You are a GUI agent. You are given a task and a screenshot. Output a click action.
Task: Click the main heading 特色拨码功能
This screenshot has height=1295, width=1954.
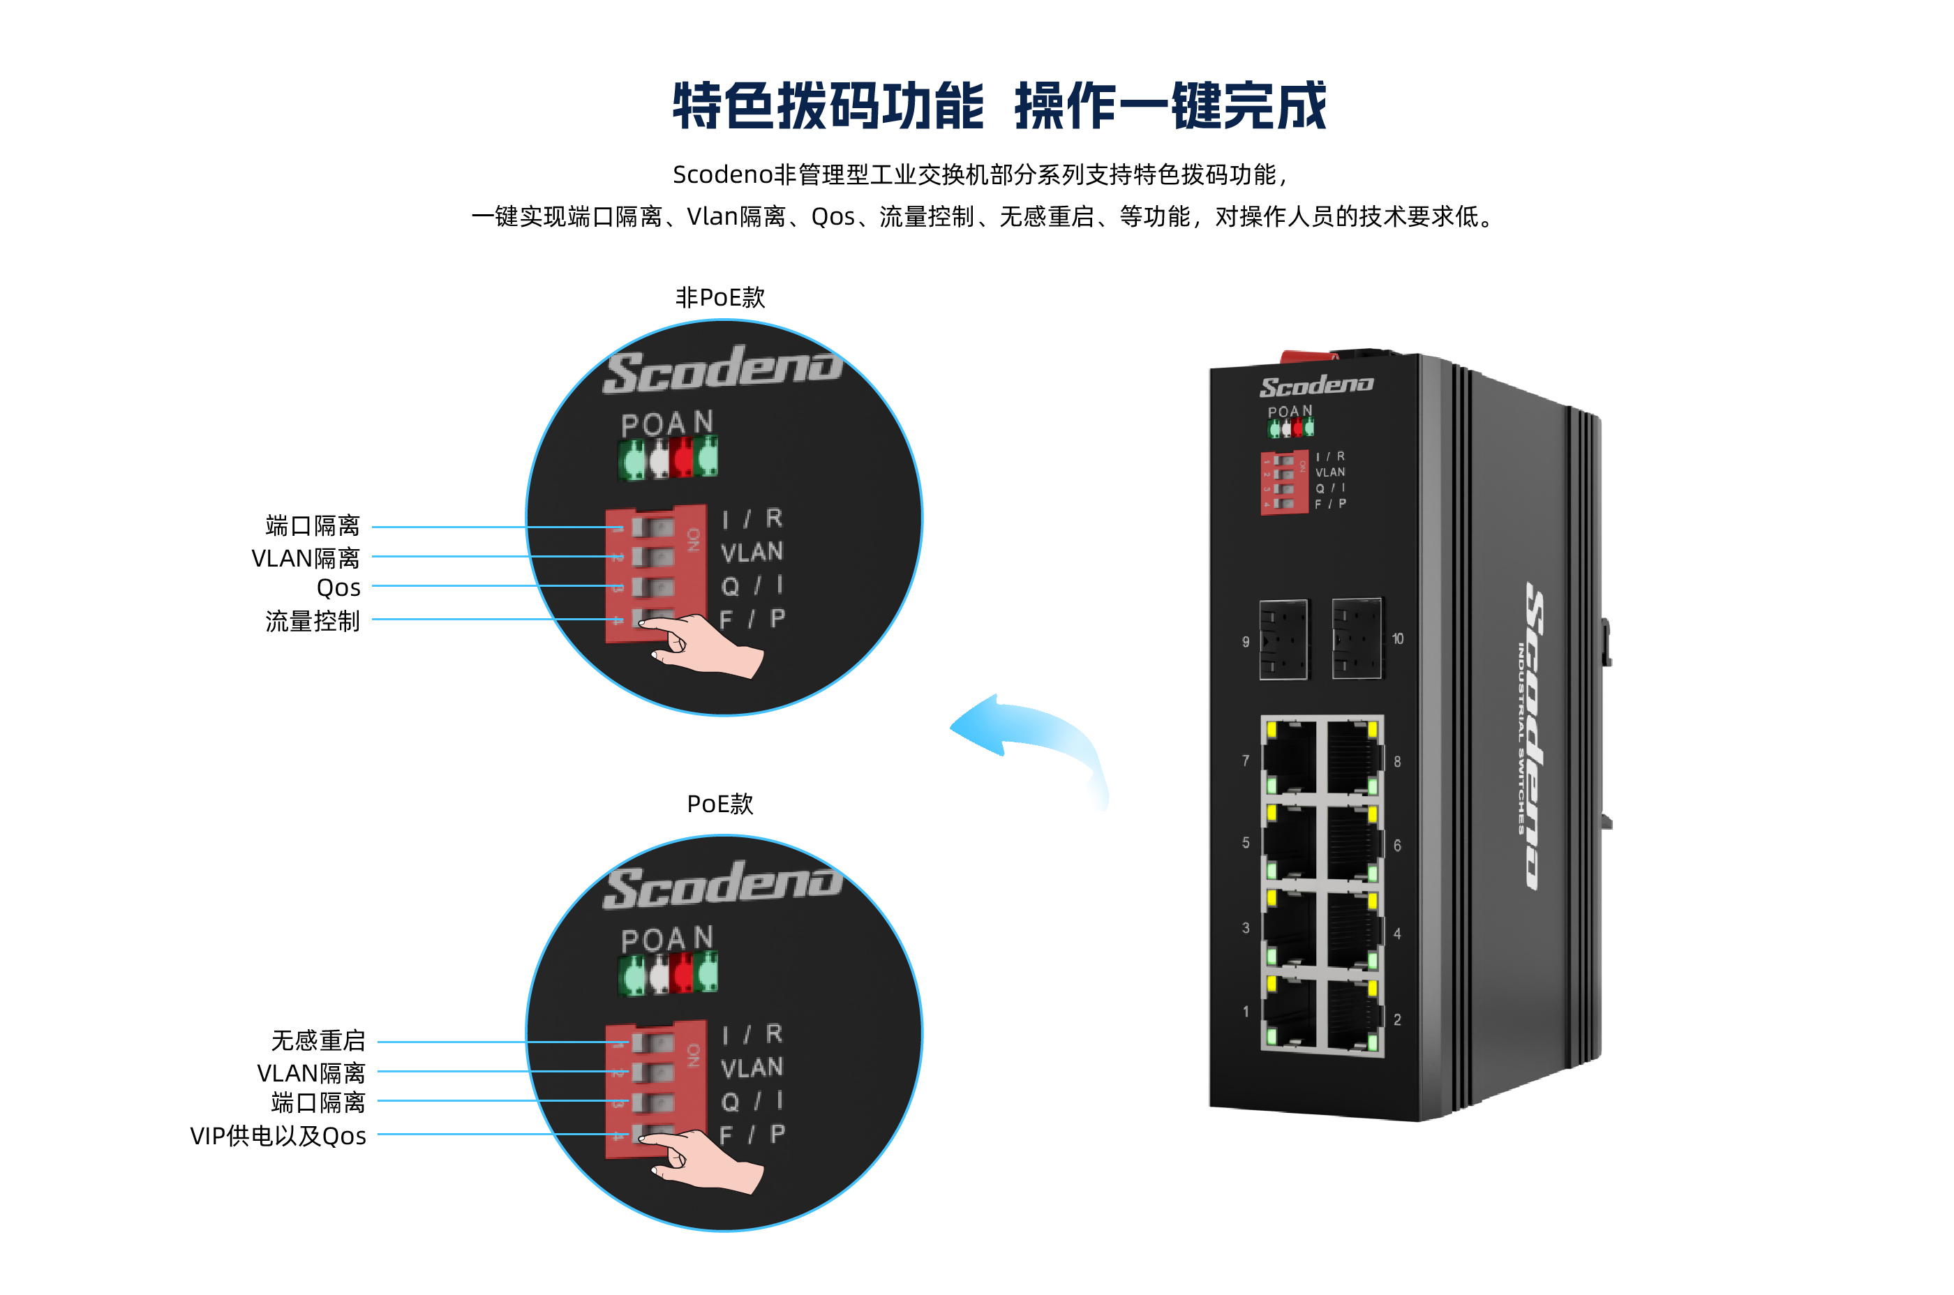click(x=828, y=106)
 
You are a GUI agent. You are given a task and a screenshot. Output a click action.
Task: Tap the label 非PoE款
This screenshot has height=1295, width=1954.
click(x=719, y=297)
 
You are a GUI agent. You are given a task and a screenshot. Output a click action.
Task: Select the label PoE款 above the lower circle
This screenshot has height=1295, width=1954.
click(x=719, y=804)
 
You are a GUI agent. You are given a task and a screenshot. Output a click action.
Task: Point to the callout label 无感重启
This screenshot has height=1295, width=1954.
click(x=318, y=1040)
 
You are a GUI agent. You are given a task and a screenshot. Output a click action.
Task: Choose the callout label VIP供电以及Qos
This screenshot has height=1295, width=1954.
click(x=278, y=1137)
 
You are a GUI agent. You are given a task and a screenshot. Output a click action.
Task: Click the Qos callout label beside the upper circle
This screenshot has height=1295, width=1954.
click(x=338, y=588)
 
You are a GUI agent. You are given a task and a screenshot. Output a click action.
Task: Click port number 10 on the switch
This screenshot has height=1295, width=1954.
click(x=1397, y=638)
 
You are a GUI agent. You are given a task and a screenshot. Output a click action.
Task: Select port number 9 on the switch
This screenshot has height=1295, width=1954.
click(x=1246, y=642)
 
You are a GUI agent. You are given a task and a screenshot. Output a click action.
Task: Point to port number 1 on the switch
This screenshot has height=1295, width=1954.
click(x=1246, y=1012)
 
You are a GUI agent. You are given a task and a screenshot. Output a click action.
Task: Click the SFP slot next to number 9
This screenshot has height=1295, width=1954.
click(x=1283, y=640)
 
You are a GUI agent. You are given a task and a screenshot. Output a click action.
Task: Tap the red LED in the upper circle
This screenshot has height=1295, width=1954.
click(x=683, y=458)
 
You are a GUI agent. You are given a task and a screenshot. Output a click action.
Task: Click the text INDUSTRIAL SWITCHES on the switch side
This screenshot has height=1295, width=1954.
click(x=1520, y=738)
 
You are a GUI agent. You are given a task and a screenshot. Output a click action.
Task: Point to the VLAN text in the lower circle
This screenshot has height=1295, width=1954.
click(x=751, y=1068)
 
